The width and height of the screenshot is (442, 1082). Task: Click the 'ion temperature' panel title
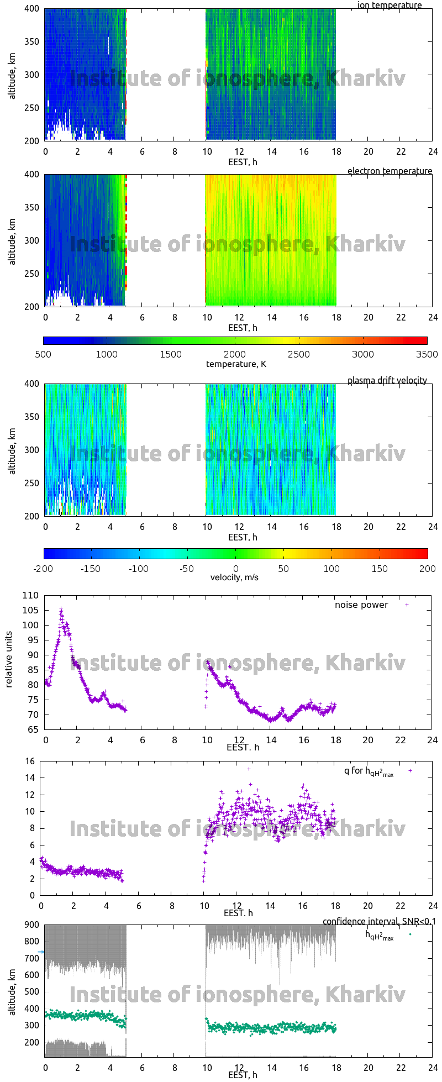390,6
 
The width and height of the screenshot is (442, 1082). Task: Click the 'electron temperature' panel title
390,171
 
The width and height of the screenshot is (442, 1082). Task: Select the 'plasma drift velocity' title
387,381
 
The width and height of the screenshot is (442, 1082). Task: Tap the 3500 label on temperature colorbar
427,355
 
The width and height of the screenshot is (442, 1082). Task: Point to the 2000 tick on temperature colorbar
235,355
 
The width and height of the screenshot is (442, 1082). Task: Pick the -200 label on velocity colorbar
44,569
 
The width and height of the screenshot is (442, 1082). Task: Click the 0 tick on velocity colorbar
235,569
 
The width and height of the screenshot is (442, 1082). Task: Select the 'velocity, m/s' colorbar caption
234,578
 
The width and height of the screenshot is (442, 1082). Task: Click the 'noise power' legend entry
361,605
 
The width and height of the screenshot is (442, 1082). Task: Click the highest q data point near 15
249,769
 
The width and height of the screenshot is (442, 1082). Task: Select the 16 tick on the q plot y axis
30,761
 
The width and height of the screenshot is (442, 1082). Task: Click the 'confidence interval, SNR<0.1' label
379,921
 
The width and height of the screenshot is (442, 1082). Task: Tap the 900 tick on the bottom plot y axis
31,925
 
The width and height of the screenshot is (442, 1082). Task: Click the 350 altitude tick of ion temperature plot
32,42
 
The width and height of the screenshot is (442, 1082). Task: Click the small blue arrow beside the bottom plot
41,952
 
